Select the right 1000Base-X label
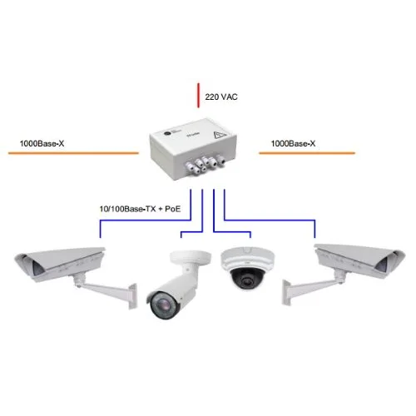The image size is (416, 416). (294, 143)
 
